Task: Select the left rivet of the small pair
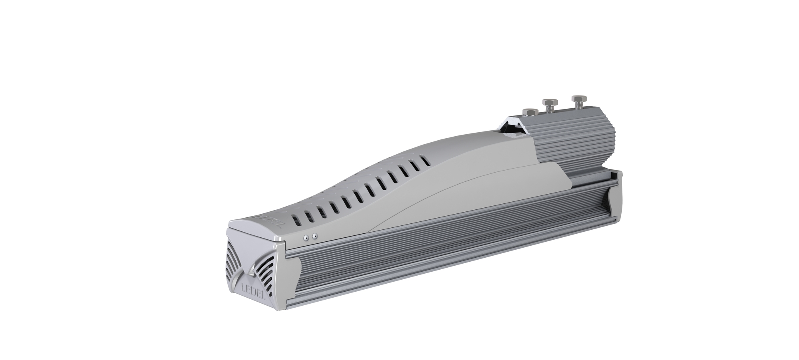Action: [x=306, y=237]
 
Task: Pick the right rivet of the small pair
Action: [x=315, y=237]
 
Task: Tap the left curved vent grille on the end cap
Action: [x=235, y=259]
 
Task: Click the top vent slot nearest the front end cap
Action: [x=295, y=220]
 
